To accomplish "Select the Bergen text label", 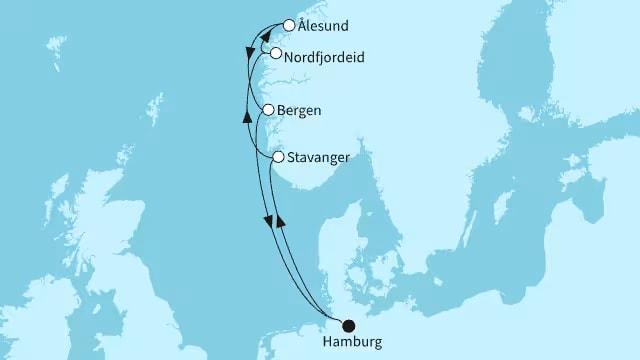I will pos(300,111).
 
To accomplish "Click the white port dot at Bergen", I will pos(268,111).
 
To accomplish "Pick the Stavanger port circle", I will pos(279,157).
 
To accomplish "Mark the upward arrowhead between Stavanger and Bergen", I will pos(247,117).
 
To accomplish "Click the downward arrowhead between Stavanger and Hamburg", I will pos(268,220).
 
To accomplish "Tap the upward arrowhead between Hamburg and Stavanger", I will pos(281,218).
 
